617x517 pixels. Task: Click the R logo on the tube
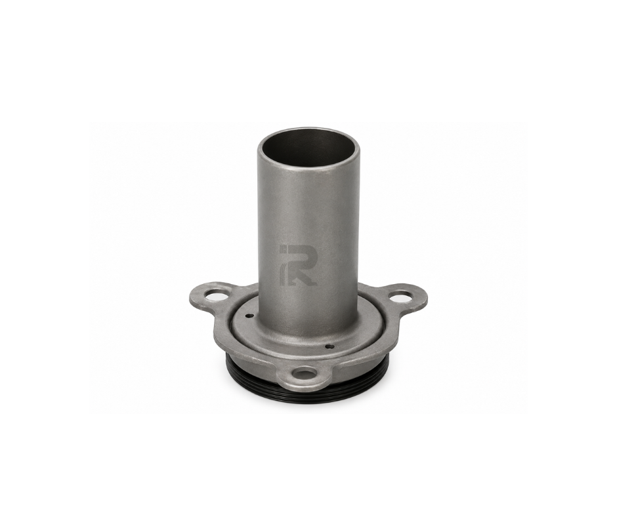pyautogui.click(x=297, y=265)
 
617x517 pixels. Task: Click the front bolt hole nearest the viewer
pyautogui.click(x=306, y=373)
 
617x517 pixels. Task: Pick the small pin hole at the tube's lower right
pyautogui.click(x=330, y=346)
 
